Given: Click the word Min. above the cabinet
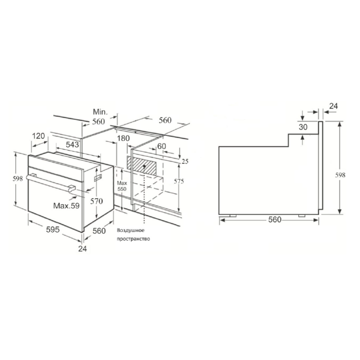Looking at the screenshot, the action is [x=100, y=112].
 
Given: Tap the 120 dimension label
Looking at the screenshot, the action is [x=38, y=136].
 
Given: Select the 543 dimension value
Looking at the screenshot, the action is [x=72, y=144].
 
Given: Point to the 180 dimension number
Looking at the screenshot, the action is [x=123, y=138].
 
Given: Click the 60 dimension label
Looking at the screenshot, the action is [x=161, y=146].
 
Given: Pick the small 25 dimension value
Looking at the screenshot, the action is [x=185, y=161].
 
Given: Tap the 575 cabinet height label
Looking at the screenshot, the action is [x=178, y=181].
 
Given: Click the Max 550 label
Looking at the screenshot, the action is [x=122, y=186].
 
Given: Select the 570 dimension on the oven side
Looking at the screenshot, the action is [x=96, y=201].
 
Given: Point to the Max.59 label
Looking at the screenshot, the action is [x=66, y=205].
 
